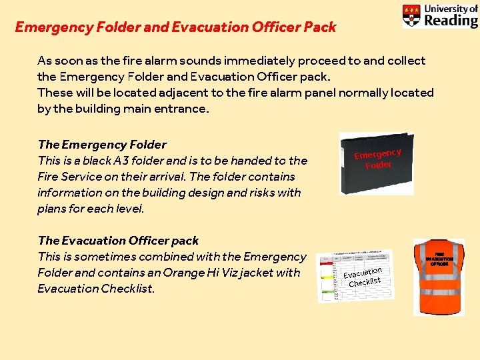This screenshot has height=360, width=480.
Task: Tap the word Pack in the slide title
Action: tap(320, 28)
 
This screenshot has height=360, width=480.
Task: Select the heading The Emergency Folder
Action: tap(102, 145)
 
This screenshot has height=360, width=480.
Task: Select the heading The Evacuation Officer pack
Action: tap(118, 241)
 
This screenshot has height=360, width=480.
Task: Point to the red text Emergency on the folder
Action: tap(377, 154)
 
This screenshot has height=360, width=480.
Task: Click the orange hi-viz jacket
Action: tap(439, 276)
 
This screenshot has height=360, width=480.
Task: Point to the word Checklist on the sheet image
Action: tap(365, 282)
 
